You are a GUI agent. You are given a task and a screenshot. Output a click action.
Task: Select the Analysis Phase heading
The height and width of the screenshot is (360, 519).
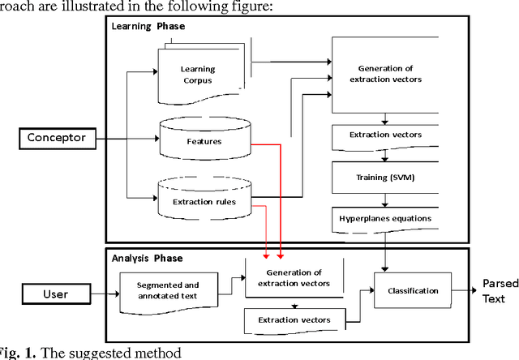148,259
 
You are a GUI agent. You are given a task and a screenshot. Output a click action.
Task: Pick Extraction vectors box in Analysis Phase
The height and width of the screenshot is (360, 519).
294,320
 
